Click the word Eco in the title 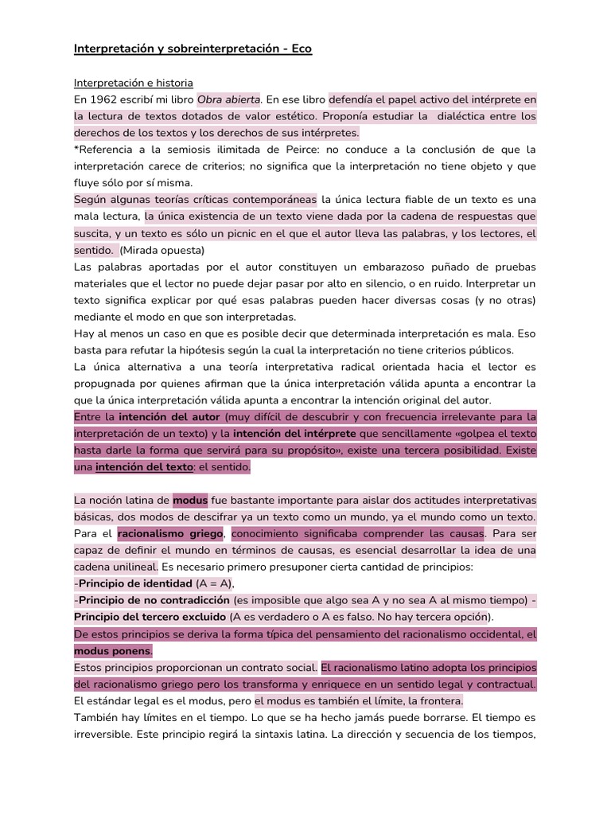[301, 49]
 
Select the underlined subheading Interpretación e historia [134, 83]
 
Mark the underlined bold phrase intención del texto [144, 467]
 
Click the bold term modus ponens [112, 650]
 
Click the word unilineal [129, 567]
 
